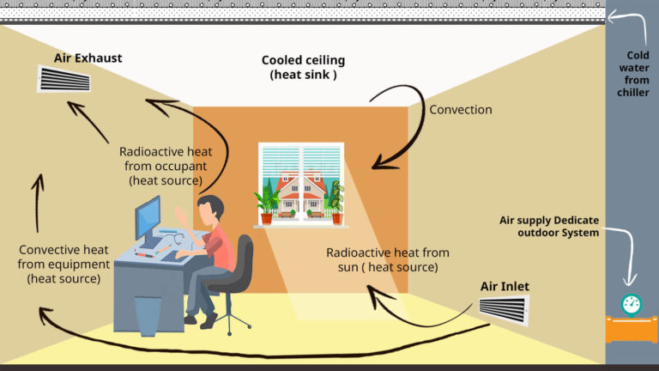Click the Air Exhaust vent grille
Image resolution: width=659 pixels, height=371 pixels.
point(64,79)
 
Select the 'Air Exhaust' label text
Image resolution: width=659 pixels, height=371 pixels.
point(88,58)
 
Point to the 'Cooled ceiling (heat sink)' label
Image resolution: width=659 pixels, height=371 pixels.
point(303,67)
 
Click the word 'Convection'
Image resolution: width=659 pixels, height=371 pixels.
point(461,110)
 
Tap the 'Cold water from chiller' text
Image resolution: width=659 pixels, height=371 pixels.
point(632,73)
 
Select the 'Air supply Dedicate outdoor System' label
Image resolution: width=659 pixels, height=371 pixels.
point(549,226)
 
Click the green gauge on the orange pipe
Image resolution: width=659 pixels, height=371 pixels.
point(631,304)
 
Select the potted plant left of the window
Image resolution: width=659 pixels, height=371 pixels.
point(267,205)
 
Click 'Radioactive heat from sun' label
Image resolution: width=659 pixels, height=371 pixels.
point(387,259)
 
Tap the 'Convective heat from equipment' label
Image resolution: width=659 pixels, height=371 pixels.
point(63,265)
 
